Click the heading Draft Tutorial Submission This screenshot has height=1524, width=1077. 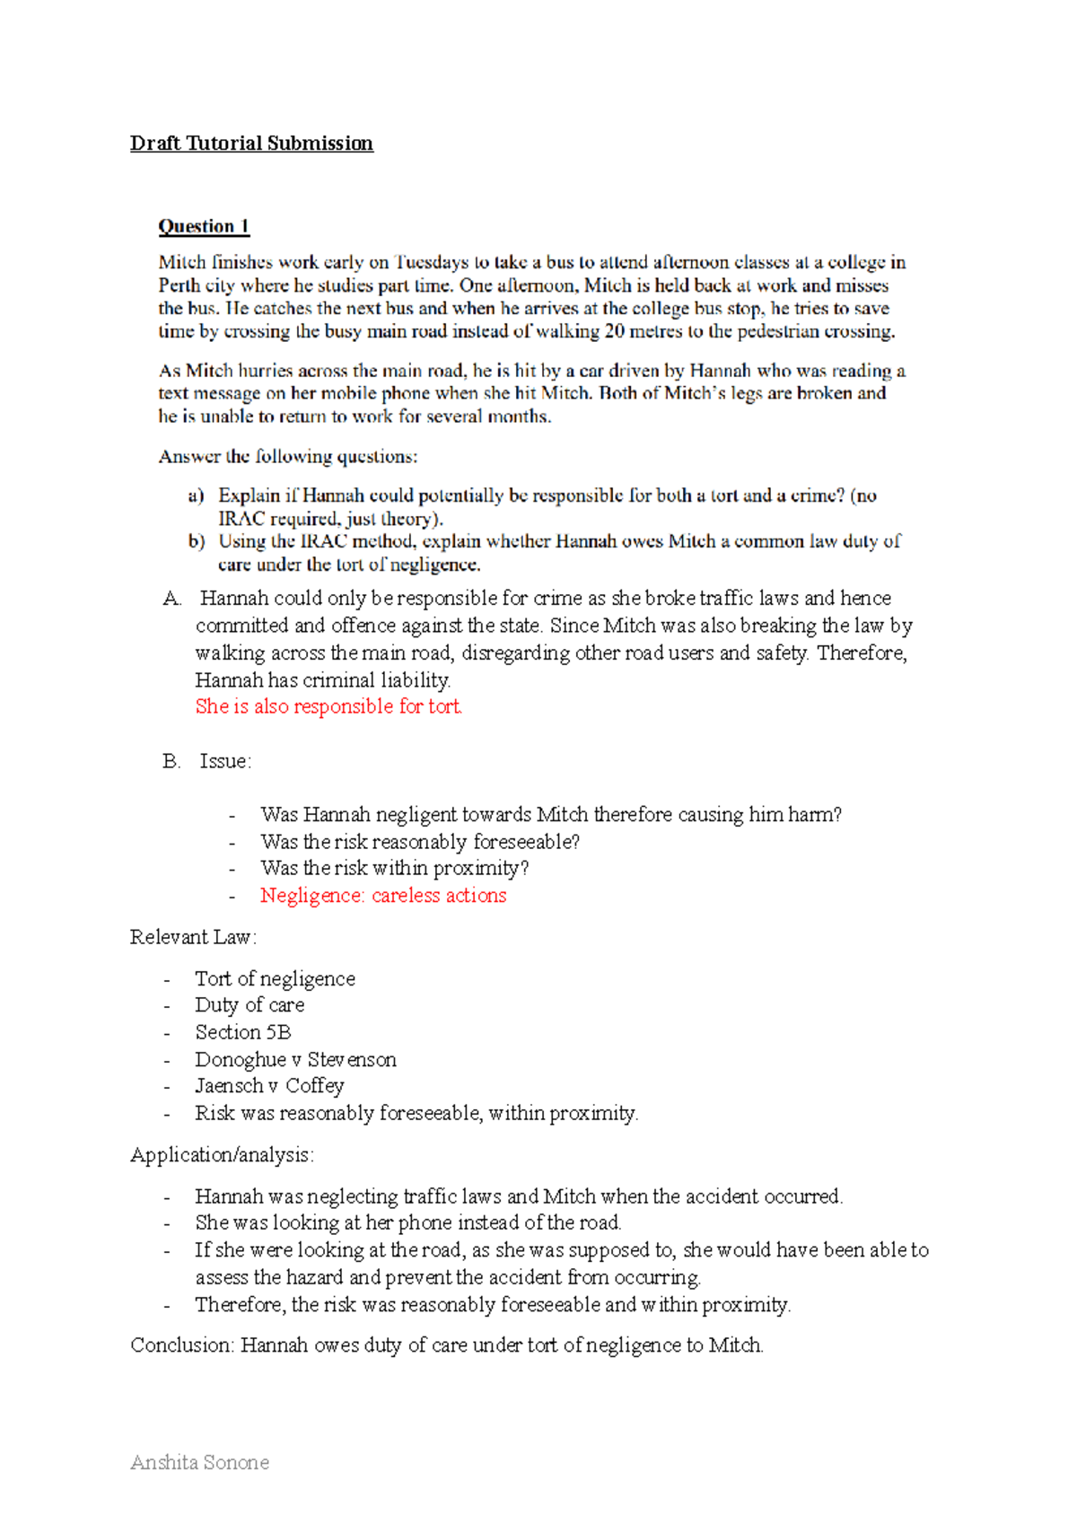click(x=251, y=144)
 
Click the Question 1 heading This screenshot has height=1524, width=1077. click(x=204, y=226)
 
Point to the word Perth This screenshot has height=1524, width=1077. click(x=179, y=285)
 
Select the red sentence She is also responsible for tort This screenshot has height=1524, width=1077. click(x=328, y=706)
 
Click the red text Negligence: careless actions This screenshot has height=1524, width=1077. click(x=383, y=895)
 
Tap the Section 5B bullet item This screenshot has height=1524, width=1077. click(x=243, y=1032)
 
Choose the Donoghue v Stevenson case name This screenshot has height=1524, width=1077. click(x=295, y=1059)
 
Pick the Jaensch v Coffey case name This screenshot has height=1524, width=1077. click(x=269, y=1086)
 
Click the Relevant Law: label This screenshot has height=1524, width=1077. click(x=193, y=937)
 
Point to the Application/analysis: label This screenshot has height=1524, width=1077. click(x=222, y=1154)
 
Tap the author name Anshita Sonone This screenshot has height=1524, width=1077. click(x=199, y=1462)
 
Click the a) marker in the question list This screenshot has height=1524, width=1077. click(x=196, y=495)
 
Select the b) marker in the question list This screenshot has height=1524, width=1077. click(x=196, y=541)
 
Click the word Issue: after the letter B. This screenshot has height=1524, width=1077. click(x=225, y=761)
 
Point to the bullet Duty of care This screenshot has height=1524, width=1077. click(x=250, y=1005)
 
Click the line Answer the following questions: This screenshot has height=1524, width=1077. click(x=287, y=456)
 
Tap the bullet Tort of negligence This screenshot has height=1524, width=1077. click(x=275, y=978)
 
